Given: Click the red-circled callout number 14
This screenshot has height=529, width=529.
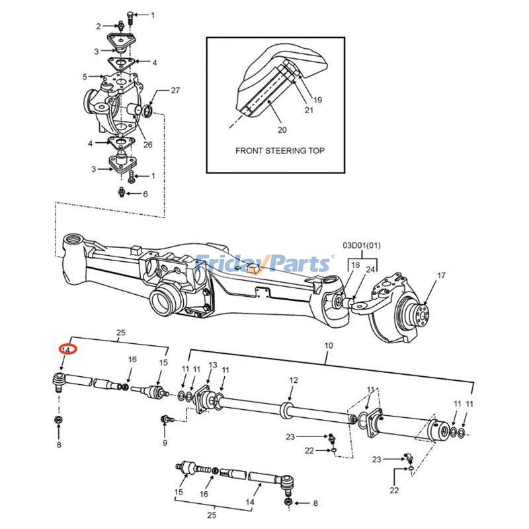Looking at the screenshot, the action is point(66,350).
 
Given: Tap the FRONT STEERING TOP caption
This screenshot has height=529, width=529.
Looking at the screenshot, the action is point(280,151).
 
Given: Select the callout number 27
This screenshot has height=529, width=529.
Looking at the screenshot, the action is point(175,91).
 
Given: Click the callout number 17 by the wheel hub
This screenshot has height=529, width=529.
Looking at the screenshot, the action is point(441,276).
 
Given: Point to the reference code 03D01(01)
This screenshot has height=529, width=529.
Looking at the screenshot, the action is point(361,245).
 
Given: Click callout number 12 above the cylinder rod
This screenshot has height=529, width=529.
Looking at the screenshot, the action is point(294,380).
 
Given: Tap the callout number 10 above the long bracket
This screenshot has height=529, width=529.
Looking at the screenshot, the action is point(329,345).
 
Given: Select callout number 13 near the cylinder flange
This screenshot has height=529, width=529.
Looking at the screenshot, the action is point(213,366).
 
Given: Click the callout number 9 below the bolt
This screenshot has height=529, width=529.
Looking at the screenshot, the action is point(165,442).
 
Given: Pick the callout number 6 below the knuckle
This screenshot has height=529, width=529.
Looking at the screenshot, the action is point(145,194).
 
